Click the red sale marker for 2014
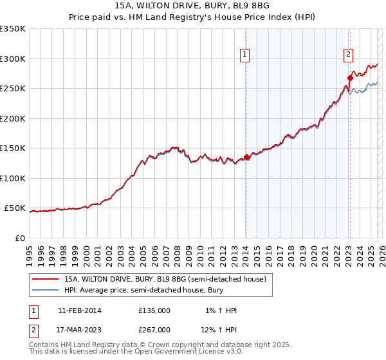coord(247,157)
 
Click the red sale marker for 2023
coord(350,78)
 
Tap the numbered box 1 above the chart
coord(246,55)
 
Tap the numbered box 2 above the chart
coord(348,55)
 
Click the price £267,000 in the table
coord(154,330)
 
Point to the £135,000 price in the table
coord(154,310)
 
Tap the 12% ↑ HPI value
coord(218,330)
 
